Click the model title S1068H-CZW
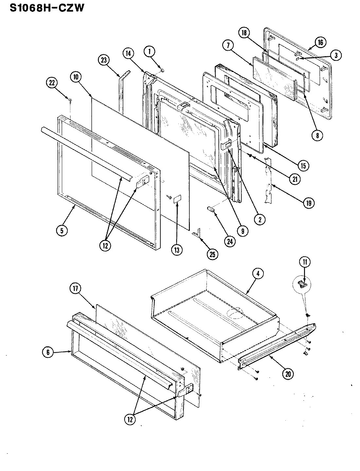pos(47,8)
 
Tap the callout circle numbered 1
pos(150,51)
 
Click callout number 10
pos(76,78)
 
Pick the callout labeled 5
pos(61,230)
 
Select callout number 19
pos(308,203)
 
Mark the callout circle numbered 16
pos(319,42)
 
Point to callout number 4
pos(258,274)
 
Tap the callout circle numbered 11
pos(304,262)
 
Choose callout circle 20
pos(288,374)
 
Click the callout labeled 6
pos(48,352)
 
